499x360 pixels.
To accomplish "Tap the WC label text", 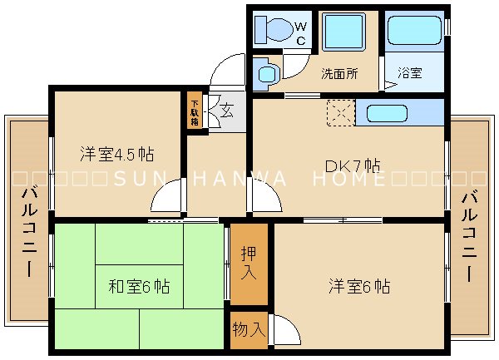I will (x=300, y=33).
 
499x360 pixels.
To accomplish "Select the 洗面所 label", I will (x=339, y=73).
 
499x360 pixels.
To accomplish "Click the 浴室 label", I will (x=409, y=73).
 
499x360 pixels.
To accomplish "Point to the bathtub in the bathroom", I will (x=415, y=32).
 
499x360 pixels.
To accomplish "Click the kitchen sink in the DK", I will (x=397, y=112).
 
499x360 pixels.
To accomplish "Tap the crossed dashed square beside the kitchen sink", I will (x=340, y=112).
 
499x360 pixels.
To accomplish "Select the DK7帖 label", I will (x=353, y=165).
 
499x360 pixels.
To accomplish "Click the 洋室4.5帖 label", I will (x=116, y=155).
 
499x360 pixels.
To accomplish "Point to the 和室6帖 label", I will (x=139, y=287).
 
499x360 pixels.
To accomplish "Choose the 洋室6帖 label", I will (x=358, y=287).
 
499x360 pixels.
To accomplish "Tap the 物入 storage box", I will (x=249, y=329).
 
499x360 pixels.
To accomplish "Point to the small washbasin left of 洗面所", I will (x=267, y=74).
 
